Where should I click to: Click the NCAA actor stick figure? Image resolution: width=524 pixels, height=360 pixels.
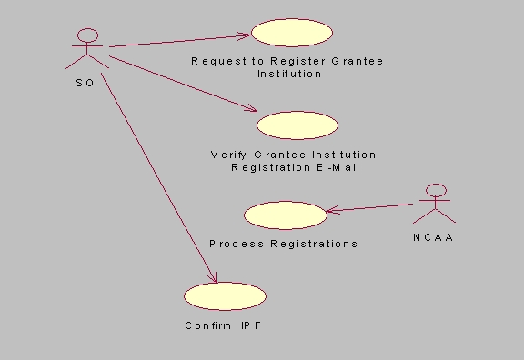[436, 205]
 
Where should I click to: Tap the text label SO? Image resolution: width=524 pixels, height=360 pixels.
[86, 83]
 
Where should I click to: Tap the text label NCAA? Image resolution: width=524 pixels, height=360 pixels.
[434, 238]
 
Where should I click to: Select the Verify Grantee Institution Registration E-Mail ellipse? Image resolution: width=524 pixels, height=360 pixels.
[297, 125]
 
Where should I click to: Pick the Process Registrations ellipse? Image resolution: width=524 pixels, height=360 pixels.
[285, 215]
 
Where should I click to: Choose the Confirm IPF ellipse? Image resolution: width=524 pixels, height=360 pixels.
[225, 295]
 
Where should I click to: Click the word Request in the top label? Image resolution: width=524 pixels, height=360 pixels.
[218, 61]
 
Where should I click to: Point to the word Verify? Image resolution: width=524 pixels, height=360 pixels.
[228, 155]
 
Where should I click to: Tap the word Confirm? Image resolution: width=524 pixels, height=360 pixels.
[208, 325]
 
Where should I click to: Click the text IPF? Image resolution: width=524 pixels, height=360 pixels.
[251, 325]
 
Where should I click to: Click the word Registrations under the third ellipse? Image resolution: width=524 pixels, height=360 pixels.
[312, 244]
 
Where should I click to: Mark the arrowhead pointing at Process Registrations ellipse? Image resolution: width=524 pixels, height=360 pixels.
[330, 211]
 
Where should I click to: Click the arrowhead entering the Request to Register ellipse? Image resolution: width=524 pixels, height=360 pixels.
[246, 35]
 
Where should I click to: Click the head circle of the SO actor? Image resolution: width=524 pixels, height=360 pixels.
[87, 35]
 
